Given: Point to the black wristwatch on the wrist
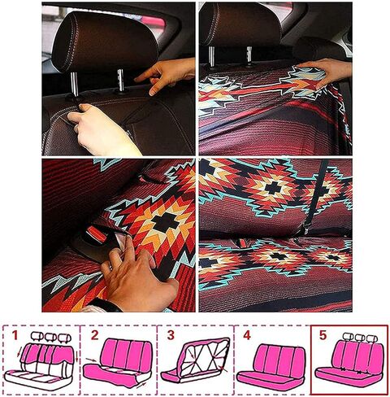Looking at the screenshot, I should coord(106,306).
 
